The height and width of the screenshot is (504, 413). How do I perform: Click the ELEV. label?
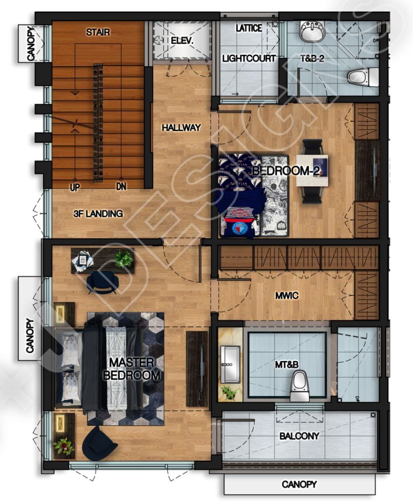pos(183,41)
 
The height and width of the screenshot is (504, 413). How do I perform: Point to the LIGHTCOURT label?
pos(249,58)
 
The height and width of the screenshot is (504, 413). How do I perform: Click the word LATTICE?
pos(249,28)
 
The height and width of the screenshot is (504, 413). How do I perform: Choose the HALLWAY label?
pos(181,128)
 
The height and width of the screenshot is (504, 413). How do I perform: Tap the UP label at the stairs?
pos(75,187)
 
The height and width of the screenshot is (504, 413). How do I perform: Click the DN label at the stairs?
pos(121,187)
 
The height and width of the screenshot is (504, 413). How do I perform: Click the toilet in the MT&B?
pos(299,385)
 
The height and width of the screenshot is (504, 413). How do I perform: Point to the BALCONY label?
pos(299,436)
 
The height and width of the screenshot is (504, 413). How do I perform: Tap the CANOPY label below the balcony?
pos(299,484)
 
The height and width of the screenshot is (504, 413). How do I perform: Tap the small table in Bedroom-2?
pos(312,171)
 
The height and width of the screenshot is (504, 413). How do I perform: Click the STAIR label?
pos(98,33)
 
